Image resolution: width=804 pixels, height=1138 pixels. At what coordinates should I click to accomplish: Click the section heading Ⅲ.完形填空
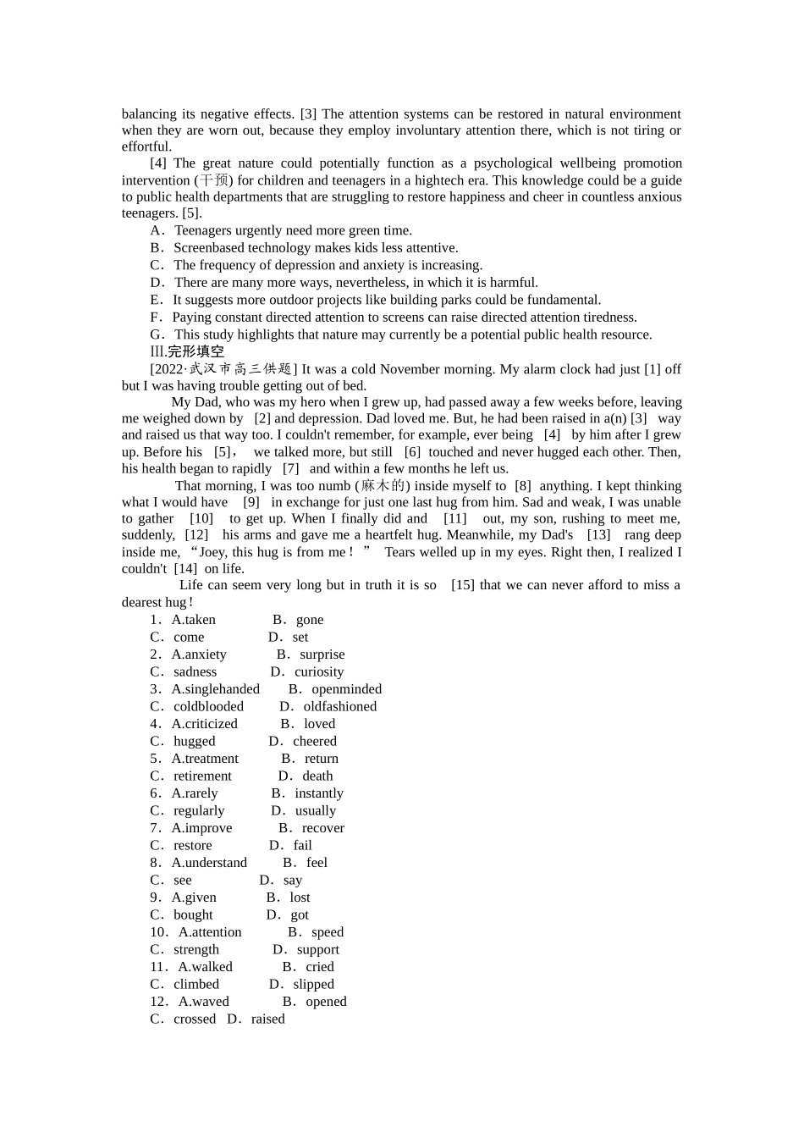[x=187, y=351]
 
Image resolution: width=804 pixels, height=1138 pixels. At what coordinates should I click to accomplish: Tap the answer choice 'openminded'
[x=346, y=689]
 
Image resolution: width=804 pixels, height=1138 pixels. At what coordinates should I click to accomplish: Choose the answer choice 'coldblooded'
[x=208, y=706]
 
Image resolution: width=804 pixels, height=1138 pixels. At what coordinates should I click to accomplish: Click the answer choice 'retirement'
[x=202, y=776]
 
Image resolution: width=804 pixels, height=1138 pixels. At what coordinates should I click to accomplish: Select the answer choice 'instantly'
[x=318, y=793]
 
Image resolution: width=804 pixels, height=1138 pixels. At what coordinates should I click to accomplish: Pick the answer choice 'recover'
[x=322, y=828]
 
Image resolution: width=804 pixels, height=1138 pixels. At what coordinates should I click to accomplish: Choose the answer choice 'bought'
[x=193, y=914]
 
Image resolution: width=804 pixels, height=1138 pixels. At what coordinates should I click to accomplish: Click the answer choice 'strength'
[x=196, y=949]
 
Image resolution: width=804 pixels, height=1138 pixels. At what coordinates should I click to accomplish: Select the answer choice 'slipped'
[x=313, y=984]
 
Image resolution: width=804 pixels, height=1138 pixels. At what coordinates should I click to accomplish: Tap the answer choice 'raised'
[x=267, y=1019]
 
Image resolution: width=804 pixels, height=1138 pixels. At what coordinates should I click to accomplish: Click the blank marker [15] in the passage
[x=462, y=585]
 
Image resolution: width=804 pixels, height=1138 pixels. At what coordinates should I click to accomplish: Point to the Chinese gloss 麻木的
[x=383, y=486]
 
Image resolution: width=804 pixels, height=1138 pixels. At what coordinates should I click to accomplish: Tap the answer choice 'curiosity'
[x=319, y=671]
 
